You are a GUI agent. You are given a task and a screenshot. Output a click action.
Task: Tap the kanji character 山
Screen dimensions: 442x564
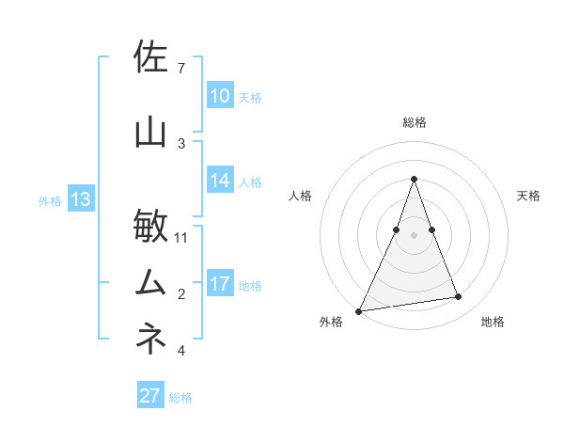pos(152,133)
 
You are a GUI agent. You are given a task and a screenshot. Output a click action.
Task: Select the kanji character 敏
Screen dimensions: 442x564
pos(152,227)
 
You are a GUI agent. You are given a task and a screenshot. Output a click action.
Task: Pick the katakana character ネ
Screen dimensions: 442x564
pos(152,339)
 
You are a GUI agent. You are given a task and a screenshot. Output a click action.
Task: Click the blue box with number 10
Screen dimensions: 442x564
pos(220,95)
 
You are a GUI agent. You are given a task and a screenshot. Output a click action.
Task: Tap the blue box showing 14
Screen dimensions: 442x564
pos(220,181)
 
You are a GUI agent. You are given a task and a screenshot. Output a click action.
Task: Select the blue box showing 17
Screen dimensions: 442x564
pos(220,284)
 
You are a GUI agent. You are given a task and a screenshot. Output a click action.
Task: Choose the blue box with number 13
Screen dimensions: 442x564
pos(81,199)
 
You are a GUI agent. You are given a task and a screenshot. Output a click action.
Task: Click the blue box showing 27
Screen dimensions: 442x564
pos(150,396)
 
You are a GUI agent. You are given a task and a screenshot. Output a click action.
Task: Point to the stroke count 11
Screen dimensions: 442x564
pos(181,237)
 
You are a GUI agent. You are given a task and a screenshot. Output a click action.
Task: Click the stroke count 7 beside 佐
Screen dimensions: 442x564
pos(181,69)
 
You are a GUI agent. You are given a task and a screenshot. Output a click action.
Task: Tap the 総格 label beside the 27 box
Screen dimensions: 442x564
pos(180,398)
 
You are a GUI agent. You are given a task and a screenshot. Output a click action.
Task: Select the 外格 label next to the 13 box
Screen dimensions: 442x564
pos(50,200)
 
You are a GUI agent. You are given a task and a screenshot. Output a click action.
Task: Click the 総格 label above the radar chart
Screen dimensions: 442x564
pos(415,122)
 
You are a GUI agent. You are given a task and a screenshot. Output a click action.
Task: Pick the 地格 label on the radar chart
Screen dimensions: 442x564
pos(493,322)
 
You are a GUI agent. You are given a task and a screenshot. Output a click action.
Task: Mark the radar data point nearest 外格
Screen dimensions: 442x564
pos(359,310)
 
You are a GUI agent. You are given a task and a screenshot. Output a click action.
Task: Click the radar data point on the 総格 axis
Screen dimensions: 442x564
pos(414,180)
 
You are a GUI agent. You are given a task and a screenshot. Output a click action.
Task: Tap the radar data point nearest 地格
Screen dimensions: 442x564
pos(459,297)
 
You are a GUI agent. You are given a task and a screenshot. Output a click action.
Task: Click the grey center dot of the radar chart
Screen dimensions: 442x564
pos(414,235)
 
